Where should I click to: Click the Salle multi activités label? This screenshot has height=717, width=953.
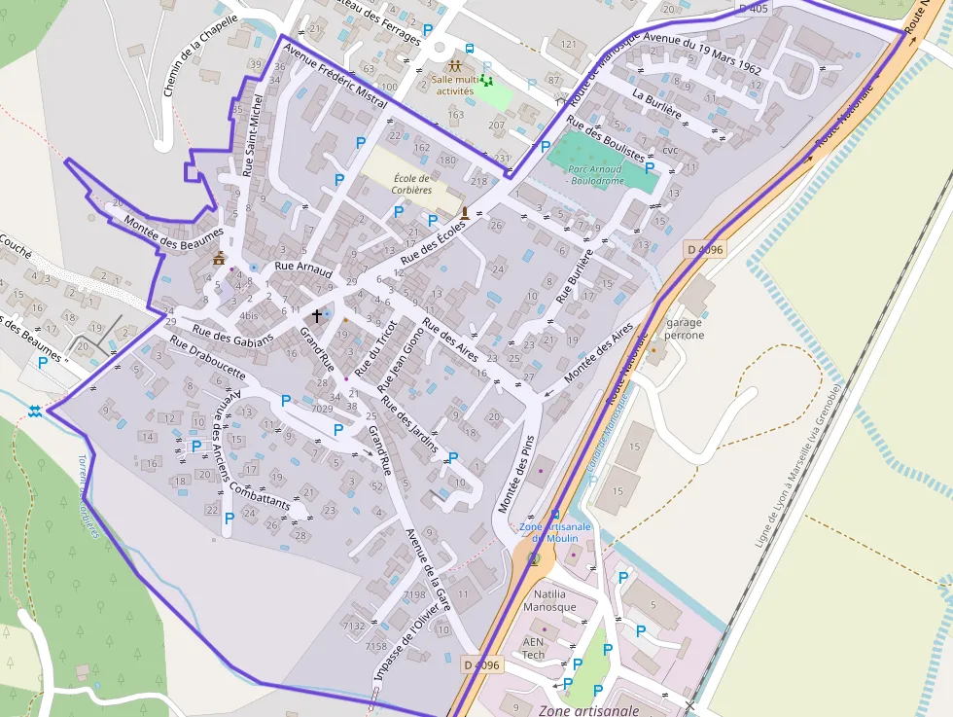454,85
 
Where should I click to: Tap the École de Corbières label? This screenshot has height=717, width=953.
411,184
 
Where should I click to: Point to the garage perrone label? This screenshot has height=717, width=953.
685,329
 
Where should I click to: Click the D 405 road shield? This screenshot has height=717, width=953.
754,9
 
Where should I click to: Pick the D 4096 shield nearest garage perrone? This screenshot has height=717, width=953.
704,249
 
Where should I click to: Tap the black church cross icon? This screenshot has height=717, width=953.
316,316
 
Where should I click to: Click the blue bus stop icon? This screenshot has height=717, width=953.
470,48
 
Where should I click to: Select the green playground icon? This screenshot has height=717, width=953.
485,81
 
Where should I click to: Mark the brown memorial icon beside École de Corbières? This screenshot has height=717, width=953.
465,212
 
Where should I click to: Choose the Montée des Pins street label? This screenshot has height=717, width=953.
517,474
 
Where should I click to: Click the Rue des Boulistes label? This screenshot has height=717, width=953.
606,139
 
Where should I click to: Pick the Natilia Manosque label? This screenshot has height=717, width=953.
549,600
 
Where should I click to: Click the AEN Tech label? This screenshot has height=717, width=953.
533,648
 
